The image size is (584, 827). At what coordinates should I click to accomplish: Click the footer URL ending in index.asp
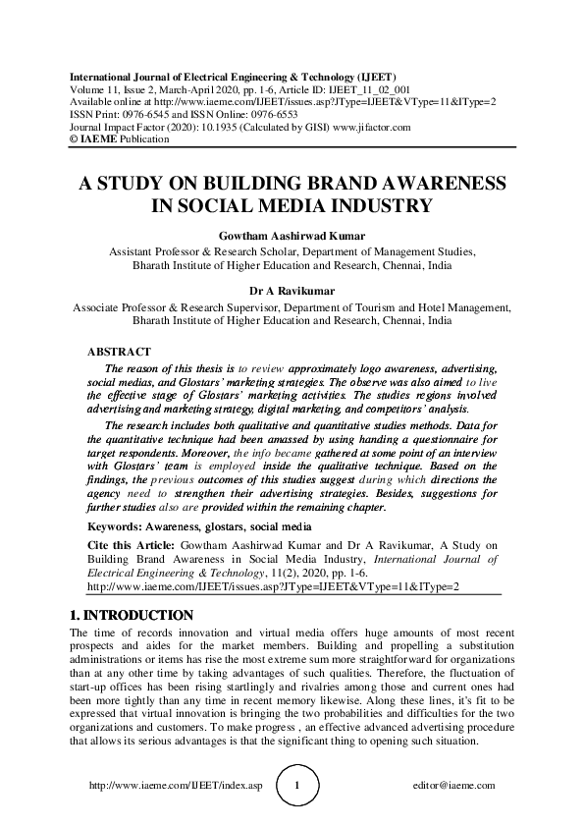(177, 787)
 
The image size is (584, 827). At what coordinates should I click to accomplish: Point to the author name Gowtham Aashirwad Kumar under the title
(292, 236)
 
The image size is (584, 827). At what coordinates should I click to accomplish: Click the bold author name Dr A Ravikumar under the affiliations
(292, 291)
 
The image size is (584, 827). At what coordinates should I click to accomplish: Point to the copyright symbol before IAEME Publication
(72, 139)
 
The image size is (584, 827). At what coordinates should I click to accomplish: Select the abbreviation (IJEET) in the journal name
(377, 76)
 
